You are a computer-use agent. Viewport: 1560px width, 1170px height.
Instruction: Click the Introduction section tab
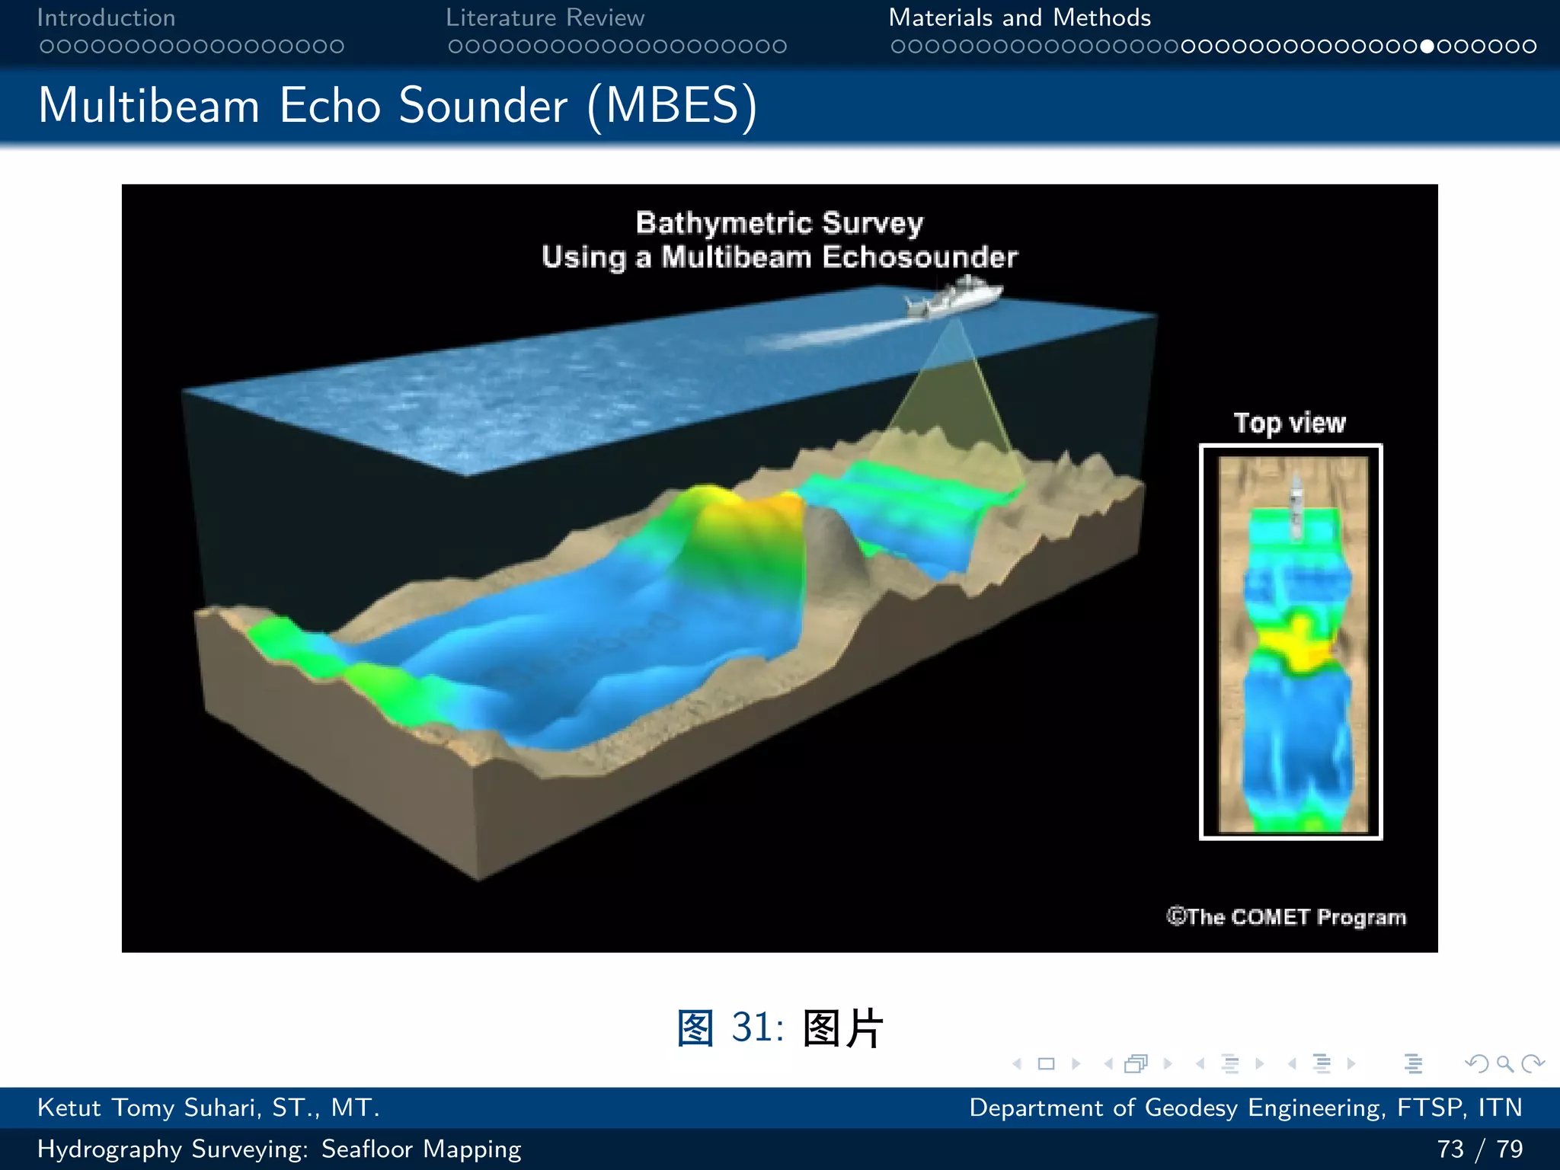tap(106, 18)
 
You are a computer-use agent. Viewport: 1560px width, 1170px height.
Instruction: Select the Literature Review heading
tap(545, 18)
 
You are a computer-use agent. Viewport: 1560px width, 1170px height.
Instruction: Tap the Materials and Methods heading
tap(1019, 18)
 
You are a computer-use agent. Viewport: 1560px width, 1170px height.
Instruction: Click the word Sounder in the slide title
tap(483, 105)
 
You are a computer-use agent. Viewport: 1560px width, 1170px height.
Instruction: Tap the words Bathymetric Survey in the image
tap(779, 223)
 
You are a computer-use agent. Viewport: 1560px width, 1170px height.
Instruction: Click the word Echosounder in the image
tap(919, 257)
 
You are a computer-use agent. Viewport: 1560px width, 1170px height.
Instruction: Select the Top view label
tap(1290, 423)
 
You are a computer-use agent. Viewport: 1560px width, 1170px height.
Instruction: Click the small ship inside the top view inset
tap(1295, 503)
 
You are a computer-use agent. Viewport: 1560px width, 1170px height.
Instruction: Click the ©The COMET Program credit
tap(1286, 916)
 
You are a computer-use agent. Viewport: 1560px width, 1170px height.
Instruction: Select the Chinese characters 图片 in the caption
tap(842, 1028)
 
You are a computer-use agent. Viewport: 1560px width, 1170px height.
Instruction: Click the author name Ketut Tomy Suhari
tap(208, 1108)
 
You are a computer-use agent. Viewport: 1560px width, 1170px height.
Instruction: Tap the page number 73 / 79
tap(1479, 1149)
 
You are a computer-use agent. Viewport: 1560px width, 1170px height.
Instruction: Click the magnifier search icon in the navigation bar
tap(1504, 1063)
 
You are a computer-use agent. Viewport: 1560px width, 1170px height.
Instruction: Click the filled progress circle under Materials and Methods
tap(1427, 46)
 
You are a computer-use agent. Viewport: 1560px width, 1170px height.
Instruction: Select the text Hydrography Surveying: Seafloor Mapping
tap(279, 1149)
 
